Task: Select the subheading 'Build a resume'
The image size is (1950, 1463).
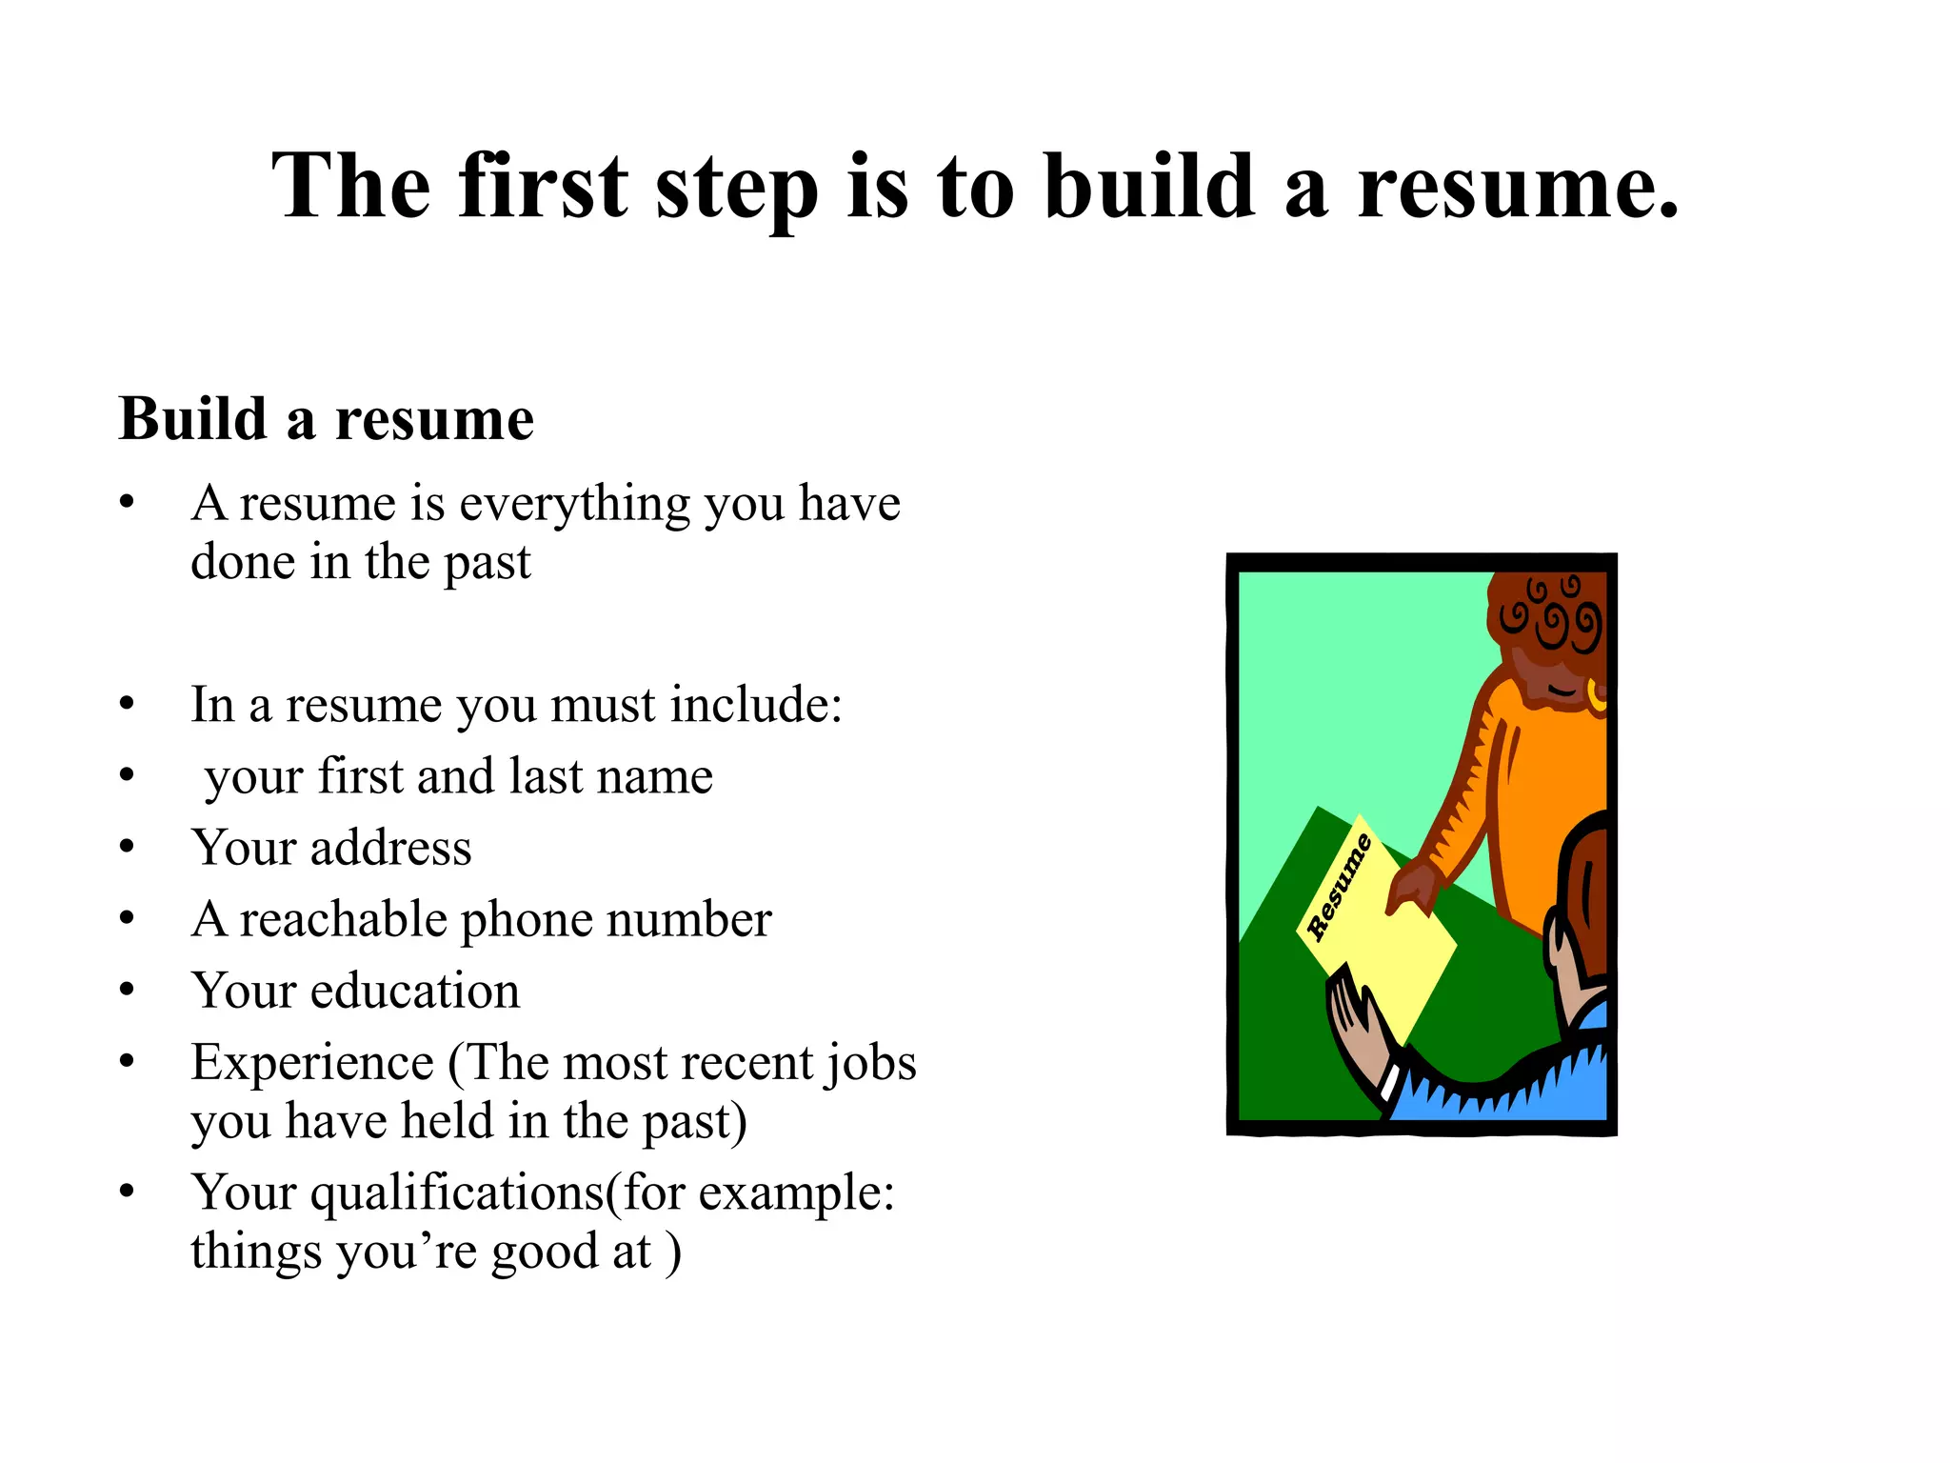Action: point(326,419)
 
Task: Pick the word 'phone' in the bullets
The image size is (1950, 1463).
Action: point(527,920)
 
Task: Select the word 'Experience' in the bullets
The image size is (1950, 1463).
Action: point(312,1062)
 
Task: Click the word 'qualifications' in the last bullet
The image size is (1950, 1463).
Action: point(457,1192)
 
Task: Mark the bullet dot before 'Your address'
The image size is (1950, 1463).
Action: point(128,847)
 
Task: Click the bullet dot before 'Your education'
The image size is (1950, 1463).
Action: point(128,990)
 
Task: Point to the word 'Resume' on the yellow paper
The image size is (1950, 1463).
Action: point(1339,887)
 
